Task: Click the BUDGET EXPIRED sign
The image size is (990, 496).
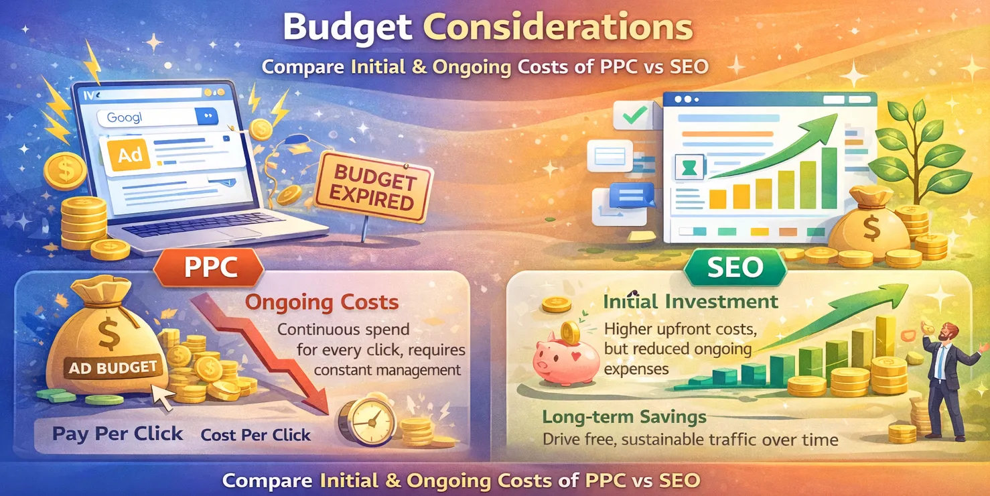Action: click(x=372, y=187)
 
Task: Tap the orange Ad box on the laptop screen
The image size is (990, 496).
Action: click(x=129, y=156)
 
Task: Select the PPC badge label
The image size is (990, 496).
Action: click(x=210, y=267)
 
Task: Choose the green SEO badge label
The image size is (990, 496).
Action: click(x=735, y=267)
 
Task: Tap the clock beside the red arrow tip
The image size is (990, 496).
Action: click(x=365, y=422)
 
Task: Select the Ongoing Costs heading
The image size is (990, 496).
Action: click(x=322, y=302)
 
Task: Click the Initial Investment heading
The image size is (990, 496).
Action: click(x=691, y=302)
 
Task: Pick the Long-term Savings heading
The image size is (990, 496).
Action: click(x=624, y=417)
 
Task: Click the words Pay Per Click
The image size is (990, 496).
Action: click(x=117, y=434)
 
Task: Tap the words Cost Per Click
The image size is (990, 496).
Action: click(x=256, y=435)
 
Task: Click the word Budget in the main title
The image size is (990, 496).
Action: click(x=348, y=28)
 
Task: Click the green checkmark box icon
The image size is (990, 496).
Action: click(x=633, y=116)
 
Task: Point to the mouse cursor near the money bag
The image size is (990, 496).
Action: click(x=161, y=398)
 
